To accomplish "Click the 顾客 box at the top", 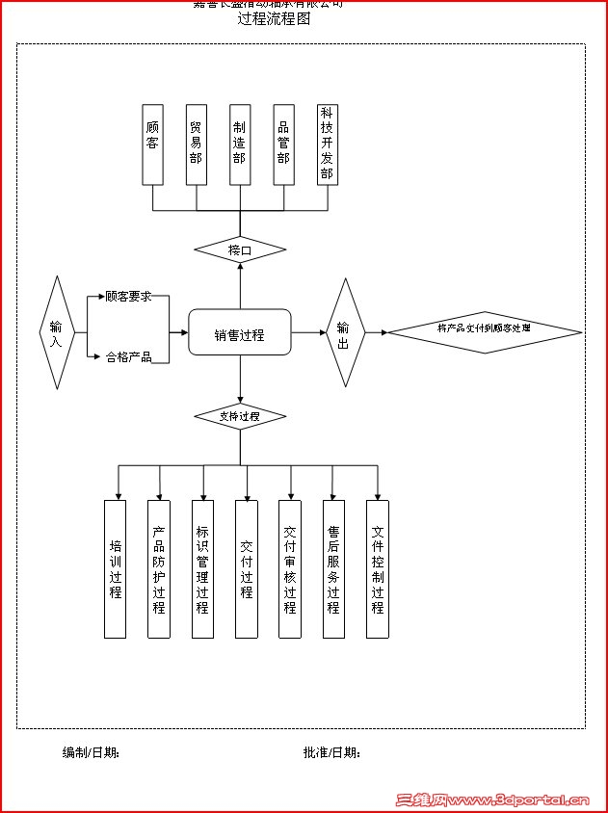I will [152, 144].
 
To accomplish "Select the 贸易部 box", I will [197, 144].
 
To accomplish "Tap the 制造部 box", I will [240, 144].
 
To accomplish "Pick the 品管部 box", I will [283, 144].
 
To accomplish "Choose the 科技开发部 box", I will [328, 144].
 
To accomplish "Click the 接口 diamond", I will [240, 250].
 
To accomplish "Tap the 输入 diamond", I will [56, 333].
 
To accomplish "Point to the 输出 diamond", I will [344, 333].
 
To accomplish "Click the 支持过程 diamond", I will [240, 416].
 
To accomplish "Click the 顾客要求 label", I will [129, 297].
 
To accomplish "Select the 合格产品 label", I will [129, 357].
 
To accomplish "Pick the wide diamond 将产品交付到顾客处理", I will [485, 330].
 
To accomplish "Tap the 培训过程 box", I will [115, 568].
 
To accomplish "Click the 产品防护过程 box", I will [159, 568].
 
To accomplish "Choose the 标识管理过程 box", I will [202, 568].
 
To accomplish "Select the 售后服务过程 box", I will [333, 568].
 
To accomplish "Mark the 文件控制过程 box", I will [378, 568].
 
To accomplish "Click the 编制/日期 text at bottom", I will [91, 752].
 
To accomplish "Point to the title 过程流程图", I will [274, 18].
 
